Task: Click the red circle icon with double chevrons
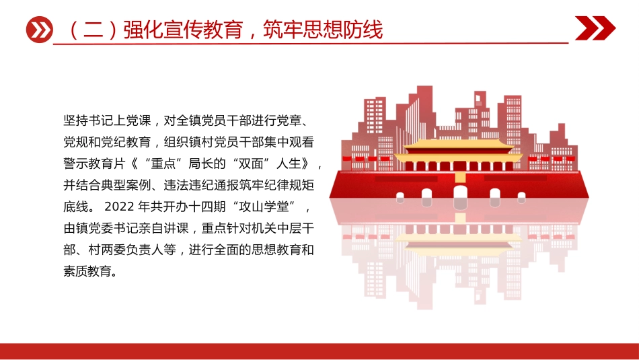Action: (39, 30)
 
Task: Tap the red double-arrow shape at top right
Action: (595, 29)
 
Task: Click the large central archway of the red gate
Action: (460, 196)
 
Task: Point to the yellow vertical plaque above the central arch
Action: (460, 176)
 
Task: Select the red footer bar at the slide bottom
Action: (319, 351)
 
